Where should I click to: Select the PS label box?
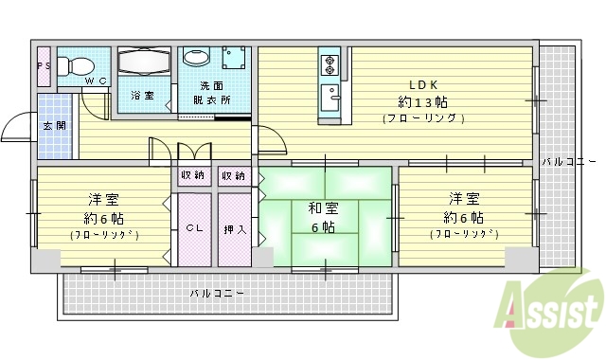(44, 65)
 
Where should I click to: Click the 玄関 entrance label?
(52, 126)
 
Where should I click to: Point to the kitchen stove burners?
(330, 65)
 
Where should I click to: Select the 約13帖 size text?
(422, 101)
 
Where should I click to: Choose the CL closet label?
(193, 228)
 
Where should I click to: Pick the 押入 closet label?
(234, 228)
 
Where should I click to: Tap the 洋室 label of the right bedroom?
(463, 199)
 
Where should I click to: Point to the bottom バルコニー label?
(217, 294)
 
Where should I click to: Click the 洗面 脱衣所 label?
(204, 91)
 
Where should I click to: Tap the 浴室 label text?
(142, 96)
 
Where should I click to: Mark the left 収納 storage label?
(192, 176)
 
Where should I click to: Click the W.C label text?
(98, 81)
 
